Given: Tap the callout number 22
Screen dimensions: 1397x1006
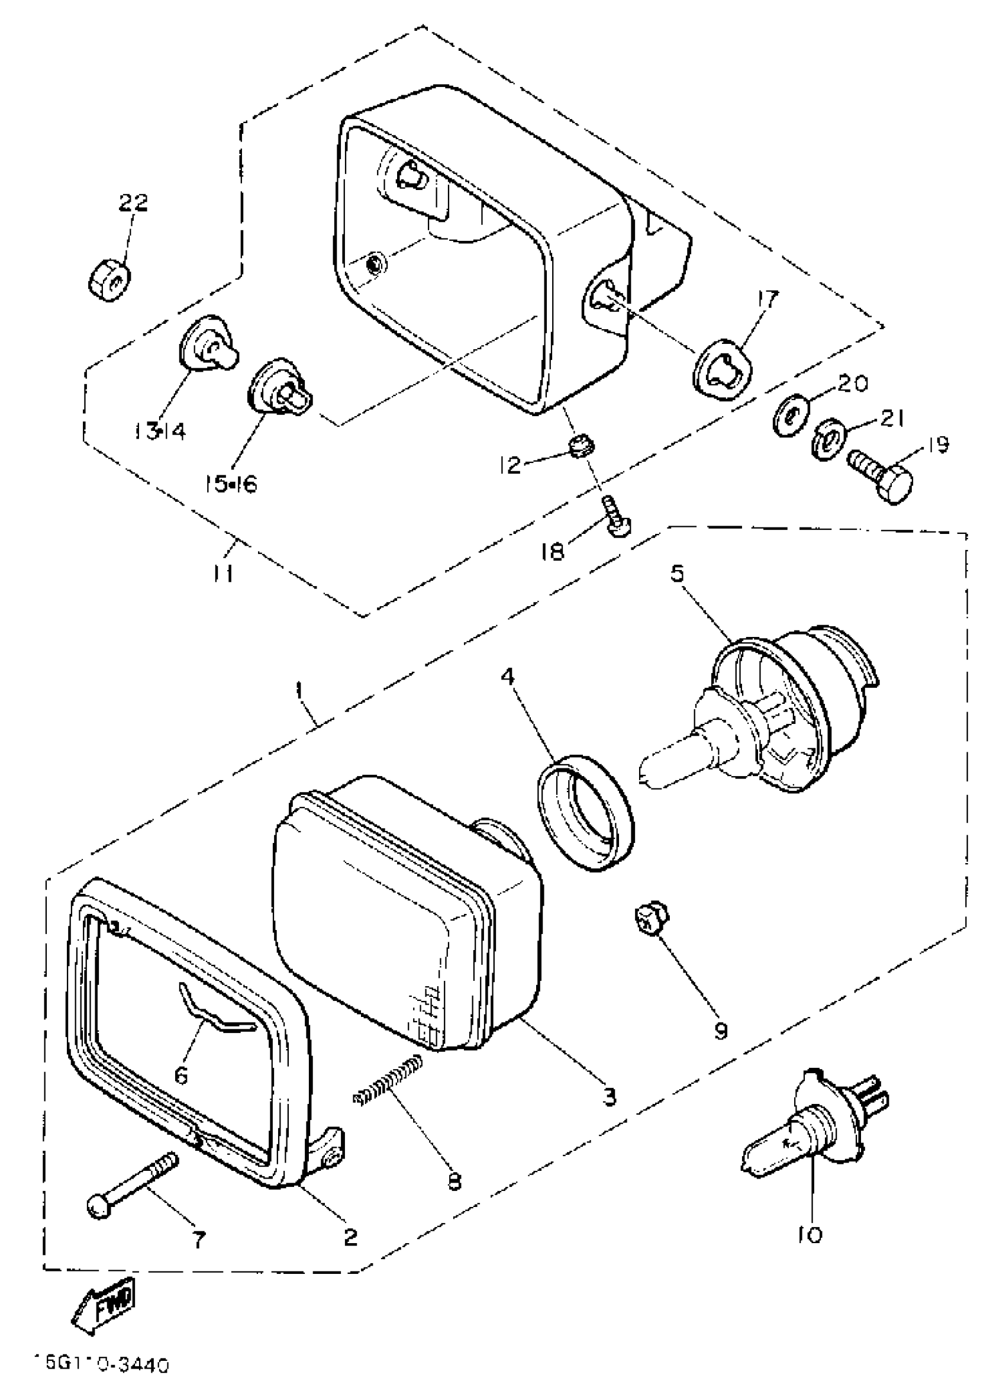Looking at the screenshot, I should coord(134,202).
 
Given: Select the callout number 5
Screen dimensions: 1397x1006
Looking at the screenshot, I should coord(677,574).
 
